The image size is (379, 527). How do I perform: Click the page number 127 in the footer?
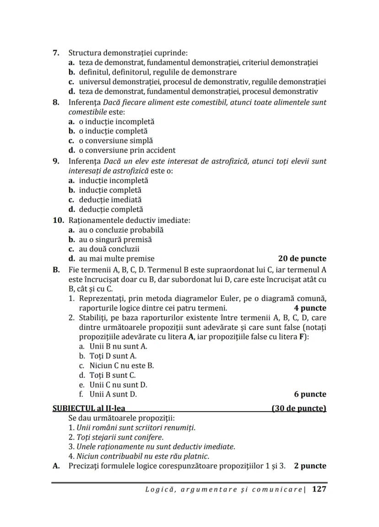[319, 489]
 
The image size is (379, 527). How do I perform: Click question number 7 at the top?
[56, 53]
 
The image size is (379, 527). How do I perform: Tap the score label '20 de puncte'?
[302, 258]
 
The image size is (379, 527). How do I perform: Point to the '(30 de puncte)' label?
[298, 408]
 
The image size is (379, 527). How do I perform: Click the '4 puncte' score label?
[310, 308]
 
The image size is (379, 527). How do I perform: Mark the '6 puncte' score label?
[310, 394]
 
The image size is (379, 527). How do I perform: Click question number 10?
[58, 220]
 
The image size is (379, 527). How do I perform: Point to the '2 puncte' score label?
[310, 466]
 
